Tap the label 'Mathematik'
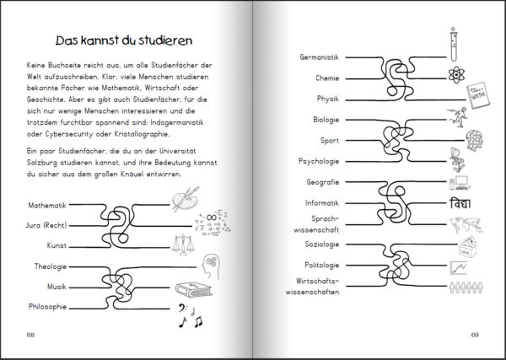[x=47, y=205]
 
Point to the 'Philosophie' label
[x=47, y=306]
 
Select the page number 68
[x=31, y=335]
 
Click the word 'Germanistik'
[x=319, y=57]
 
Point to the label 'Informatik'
[x=320, y=202]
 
